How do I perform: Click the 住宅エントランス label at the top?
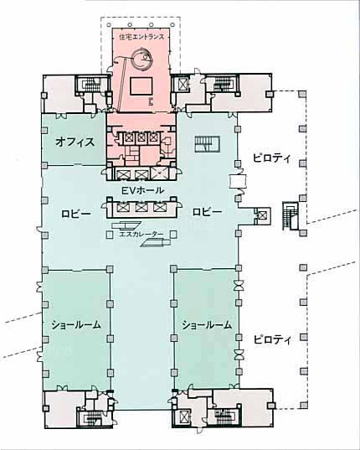pos(141,37)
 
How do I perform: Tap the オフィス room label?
pos(75,142)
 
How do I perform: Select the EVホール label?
pos(142,190)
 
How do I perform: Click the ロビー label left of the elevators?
pos(76,214)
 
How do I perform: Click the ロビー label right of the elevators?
pos(208,212)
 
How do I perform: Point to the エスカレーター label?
pos(141,234)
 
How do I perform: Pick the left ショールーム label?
pos(76,324)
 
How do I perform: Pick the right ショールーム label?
pos(207,325)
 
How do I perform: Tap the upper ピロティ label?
pos(272,158)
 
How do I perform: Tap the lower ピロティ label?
pos(272,339)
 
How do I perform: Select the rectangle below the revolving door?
pos(141,86)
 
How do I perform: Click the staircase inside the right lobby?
pos(208,144)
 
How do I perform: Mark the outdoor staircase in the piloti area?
pos(290,216)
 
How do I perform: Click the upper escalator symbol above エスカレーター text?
pos(126,225)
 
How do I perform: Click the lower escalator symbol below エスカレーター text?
pos(156,243)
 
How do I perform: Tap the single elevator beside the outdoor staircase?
pos(261,215)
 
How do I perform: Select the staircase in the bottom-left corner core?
pos(92,418)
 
